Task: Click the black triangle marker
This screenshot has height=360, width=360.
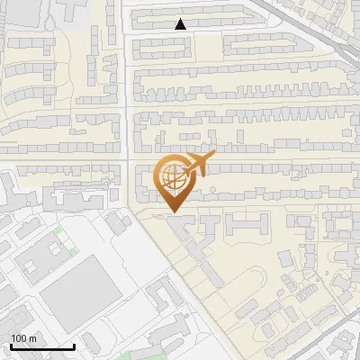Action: (x=181, y=24)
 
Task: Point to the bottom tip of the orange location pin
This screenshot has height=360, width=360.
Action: (x=172, y=212)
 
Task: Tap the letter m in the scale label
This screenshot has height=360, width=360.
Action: (x=34, y=338)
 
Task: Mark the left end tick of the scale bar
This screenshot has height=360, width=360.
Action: (x=11, y=345)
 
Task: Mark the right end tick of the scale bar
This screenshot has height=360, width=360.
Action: (x=74, y=345)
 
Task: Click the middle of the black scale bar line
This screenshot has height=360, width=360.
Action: (x=42, y=346)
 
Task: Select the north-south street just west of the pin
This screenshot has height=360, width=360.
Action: (x=128, y=135)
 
